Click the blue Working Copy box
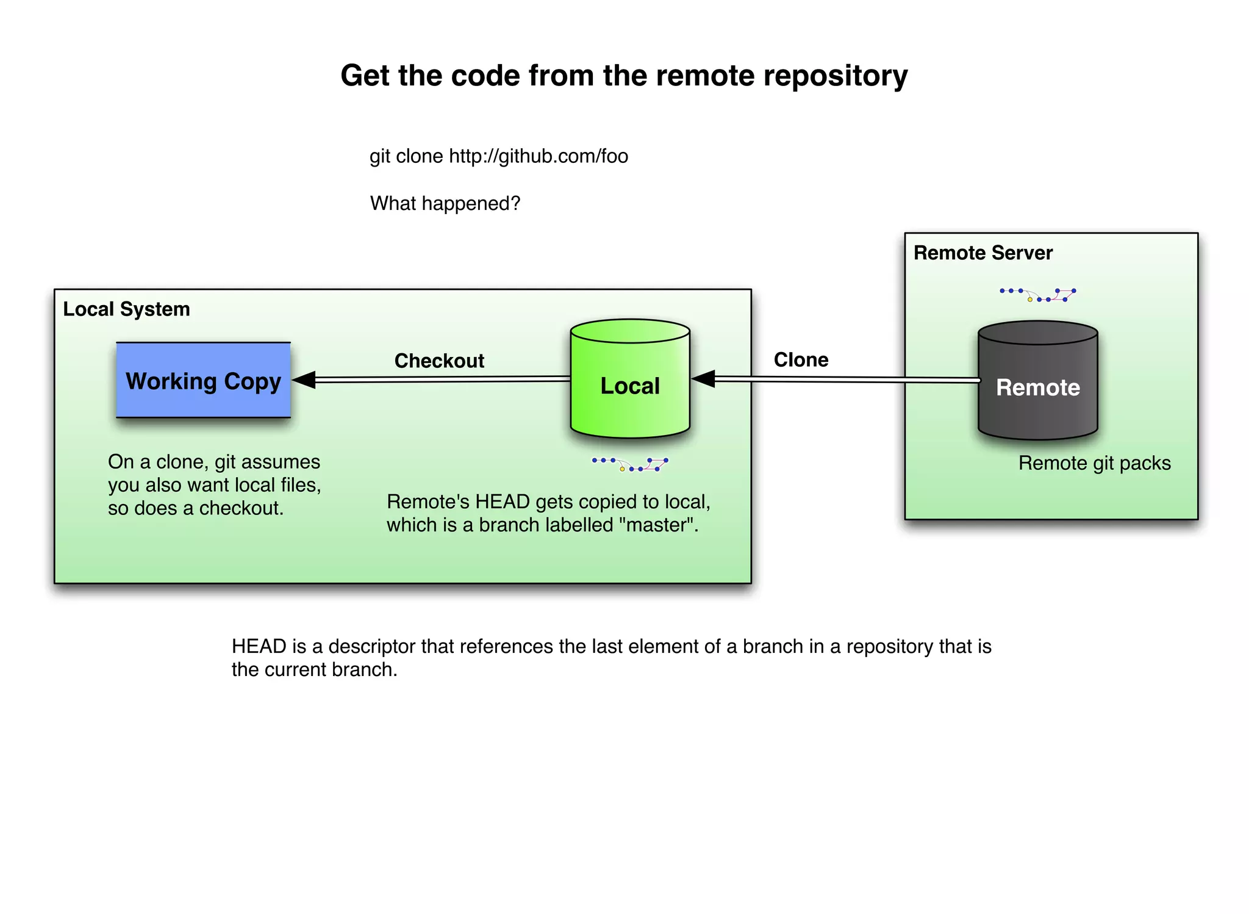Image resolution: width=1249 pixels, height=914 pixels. point(203,380)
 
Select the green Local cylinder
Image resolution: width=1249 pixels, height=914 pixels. point(630,386)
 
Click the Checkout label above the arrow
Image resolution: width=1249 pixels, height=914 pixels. point(439,361)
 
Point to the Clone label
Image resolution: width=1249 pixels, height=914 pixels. point(801,359)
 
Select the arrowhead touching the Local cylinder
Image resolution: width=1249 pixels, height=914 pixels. point(703,379)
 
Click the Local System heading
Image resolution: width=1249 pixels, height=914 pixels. point(126,309)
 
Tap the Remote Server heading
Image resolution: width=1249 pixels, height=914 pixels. point(982,253)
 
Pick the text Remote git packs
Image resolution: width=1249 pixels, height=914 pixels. point(1094,463)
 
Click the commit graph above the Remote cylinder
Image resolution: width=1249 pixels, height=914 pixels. point(1037,295)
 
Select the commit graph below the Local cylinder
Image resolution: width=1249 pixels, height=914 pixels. point(630,464)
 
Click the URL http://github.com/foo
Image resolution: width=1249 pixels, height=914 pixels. point(538,156)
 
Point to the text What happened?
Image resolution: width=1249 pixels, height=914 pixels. point(445,203)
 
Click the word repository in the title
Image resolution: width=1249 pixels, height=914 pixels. point(835,76)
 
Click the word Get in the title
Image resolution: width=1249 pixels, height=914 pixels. point(365,76)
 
